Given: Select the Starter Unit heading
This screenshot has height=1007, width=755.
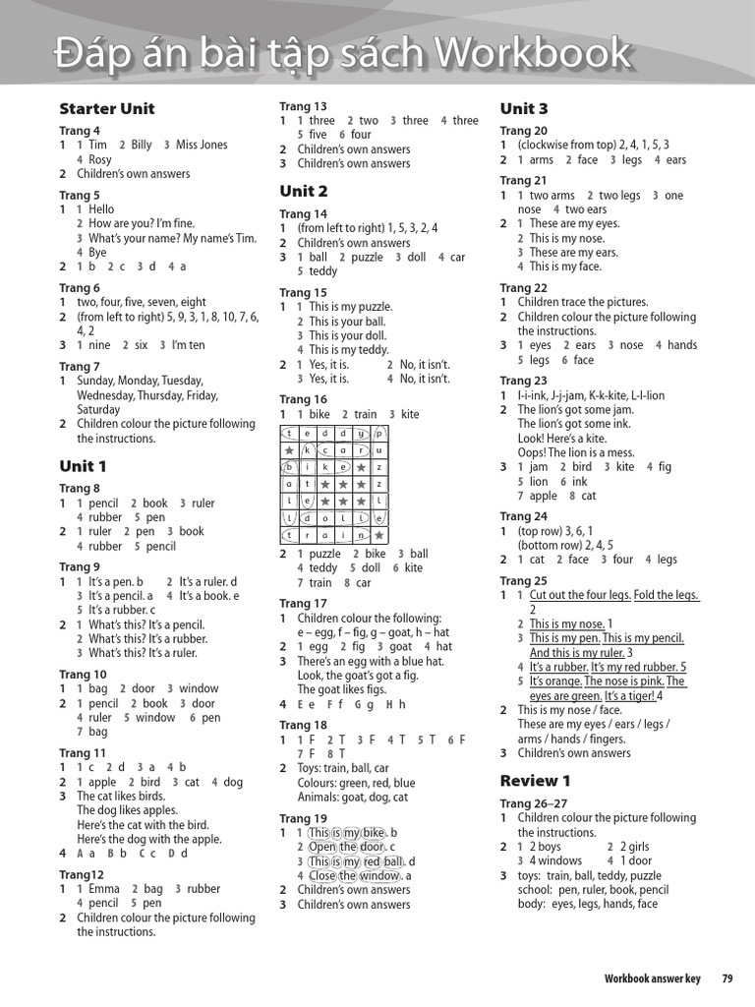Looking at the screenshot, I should click(106, 109).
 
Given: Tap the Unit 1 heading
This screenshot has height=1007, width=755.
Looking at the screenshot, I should click(83, 466).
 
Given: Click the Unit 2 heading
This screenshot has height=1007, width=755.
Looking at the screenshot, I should click(303, 191).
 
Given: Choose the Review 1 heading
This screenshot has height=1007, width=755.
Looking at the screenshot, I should click(535, 781).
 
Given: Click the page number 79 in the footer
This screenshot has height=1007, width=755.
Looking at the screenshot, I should click(727, 978).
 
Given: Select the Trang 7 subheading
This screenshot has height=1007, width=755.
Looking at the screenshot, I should click(79, 366).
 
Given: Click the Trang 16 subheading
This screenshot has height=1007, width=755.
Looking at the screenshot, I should click(303, 399).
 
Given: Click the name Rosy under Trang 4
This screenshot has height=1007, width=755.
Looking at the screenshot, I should click(100, 159).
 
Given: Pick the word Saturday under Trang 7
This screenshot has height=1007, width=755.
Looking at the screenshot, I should click(98, 410).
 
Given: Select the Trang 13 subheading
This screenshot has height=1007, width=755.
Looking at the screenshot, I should click(303, 106).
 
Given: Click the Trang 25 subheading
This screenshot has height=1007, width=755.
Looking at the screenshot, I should click(523, 581).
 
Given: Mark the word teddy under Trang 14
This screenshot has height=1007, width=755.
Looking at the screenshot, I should click(323, 271).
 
